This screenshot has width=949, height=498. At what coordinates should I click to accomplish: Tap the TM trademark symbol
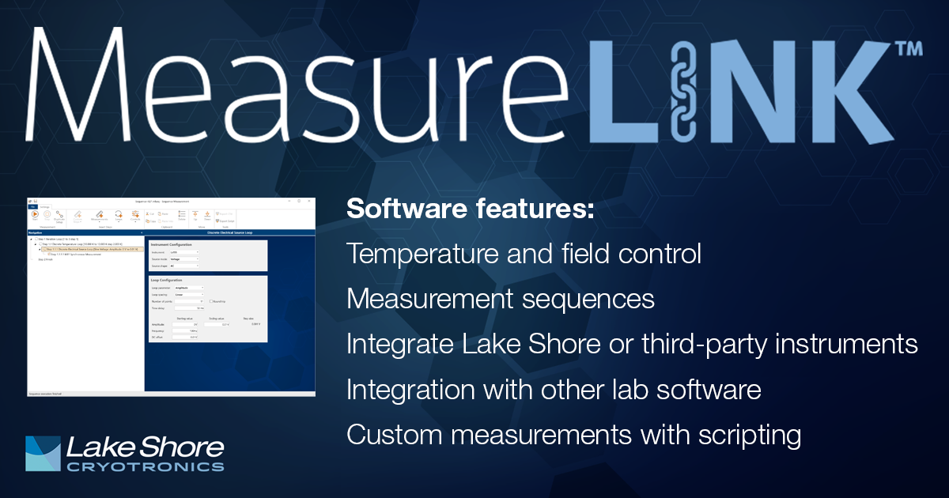[x=906, y=49]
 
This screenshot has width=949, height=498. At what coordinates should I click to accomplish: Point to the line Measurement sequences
[x=501, y=300]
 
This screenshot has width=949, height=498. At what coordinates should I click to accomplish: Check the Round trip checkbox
[x=211, y=301]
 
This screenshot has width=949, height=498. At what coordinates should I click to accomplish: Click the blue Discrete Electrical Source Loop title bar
[x=229, y=233]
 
